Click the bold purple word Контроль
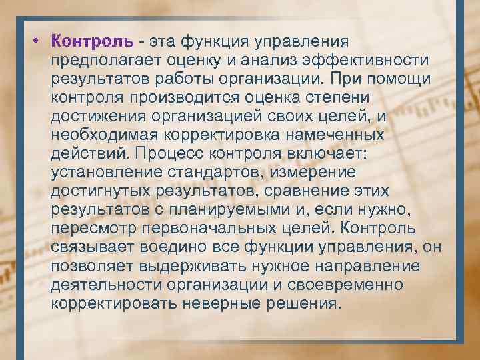[91, 43]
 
